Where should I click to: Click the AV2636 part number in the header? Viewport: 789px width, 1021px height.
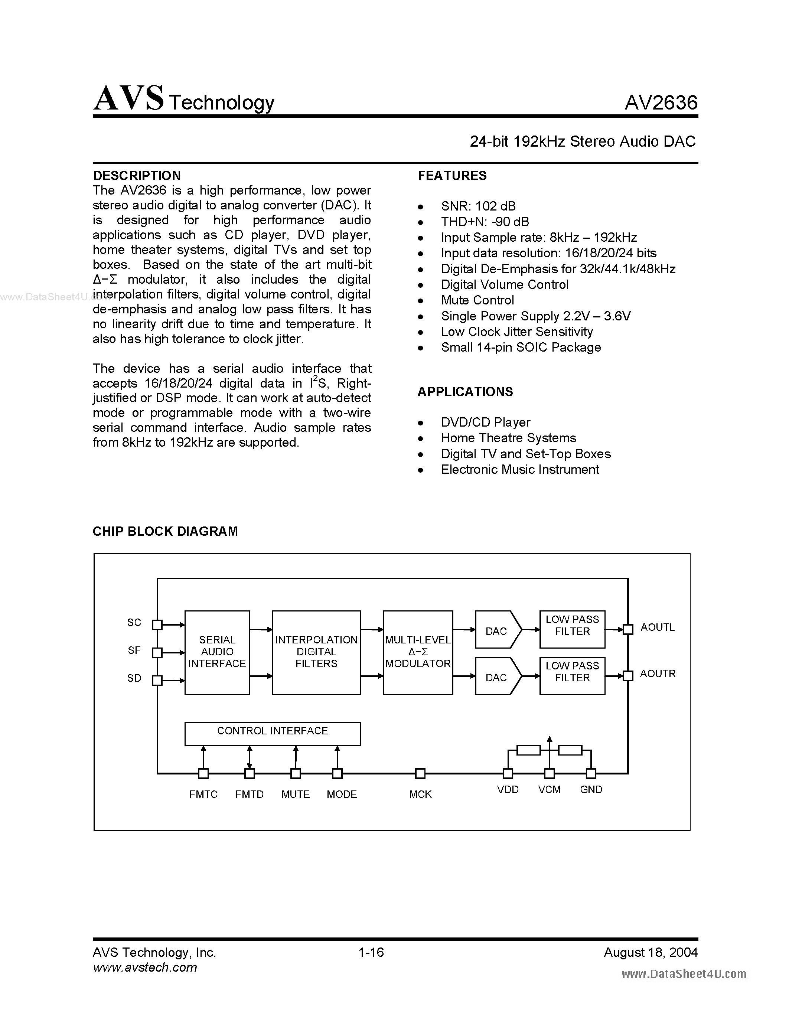[661, 102]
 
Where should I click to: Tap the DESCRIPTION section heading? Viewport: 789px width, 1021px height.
[137, 176]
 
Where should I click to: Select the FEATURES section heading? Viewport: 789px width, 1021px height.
[452, 176]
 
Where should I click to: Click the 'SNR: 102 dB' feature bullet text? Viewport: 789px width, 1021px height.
[478, 206]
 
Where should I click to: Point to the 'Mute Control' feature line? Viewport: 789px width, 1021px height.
[477, 300]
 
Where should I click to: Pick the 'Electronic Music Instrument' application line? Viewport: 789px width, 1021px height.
[520, 469]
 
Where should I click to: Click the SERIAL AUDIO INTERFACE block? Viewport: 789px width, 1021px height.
[217, 652]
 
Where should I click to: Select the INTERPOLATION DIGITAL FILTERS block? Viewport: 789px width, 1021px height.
[316, 652]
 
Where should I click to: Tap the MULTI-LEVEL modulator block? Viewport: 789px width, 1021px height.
[417, 652]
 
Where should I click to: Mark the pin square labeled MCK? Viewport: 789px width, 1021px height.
[420, 774]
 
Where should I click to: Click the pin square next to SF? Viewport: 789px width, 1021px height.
[157, 653]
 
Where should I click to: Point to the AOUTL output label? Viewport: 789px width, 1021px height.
[657, 627]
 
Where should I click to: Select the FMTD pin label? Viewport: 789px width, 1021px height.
[249, 794]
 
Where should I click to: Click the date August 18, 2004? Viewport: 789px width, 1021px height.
[650, 952]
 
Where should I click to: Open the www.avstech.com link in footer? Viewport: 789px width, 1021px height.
[145, 967]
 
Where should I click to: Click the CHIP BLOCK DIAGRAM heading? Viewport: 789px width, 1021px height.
[165, 532]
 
